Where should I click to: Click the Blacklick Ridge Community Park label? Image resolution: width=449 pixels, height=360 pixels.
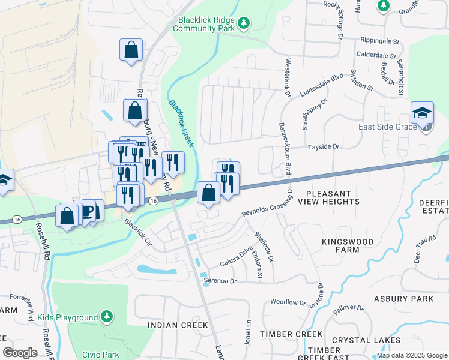[204, 23]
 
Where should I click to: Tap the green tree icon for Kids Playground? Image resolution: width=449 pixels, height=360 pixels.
[106, 316]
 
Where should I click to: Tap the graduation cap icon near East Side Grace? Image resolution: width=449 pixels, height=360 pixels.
[422, 113]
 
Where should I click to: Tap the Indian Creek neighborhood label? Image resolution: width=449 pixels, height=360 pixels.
[171, 325]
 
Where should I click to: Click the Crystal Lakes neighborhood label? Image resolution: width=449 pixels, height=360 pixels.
[375, 340]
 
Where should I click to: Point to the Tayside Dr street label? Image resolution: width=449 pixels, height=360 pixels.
[324, 146]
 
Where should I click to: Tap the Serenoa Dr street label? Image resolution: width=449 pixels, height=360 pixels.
[220, 280]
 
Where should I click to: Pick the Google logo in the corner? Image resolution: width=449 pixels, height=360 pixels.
[20, 353]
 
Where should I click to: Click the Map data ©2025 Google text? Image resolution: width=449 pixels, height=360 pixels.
[411, 355]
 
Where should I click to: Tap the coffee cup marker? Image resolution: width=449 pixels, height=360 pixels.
[88, 211]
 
